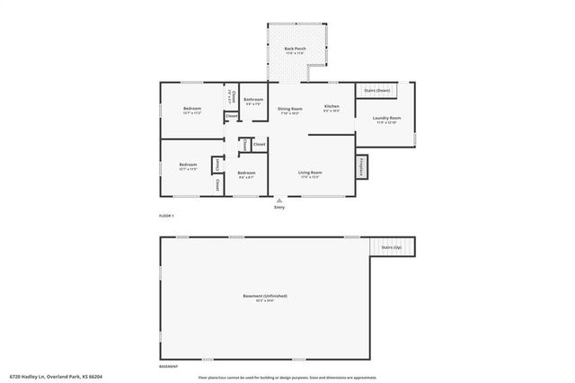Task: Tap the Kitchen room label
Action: [331, 108]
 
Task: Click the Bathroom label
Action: [253, 101]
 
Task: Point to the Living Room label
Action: [310, 174]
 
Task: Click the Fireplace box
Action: [362, 166]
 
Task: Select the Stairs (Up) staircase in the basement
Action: [391, 246]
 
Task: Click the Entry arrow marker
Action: [279, 200]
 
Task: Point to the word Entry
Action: [279, 207]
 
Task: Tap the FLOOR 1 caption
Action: [166, 217]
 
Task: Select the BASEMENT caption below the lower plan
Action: [168, 367]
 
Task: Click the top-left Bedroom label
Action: [192, 110]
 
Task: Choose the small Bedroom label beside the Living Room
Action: [246, 174]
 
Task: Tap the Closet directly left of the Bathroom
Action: [230, 95]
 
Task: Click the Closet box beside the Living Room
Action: [259, 144]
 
